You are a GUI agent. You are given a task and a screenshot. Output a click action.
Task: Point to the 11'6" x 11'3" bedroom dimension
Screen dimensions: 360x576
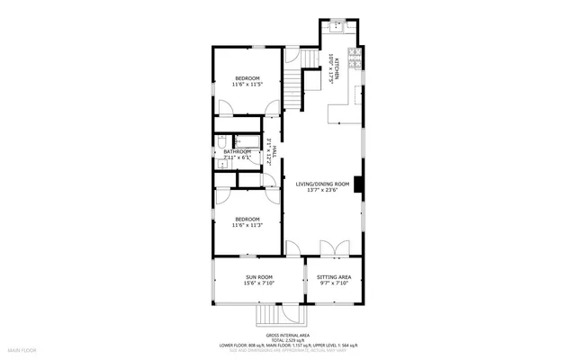pos(247,226)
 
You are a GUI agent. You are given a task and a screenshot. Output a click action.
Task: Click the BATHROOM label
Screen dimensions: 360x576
pos(238,151)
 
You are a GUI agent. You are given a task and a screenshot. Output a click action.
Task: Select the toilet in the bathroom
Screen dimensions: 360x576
pos(220,145)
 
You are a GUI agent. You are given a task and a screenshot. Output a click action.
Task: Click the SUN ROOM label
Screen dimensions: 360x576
pos(258,276)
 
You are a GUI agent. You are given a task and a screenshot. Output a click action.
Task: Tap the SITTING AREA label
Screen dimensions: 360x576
pos(334,276)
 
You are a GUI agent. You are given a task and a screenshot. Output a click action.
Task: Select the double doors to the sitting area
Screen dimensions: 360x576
pos(329,247)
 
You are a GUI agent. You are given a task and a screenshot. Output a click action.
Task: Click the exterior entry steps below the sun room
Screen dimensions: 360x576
pos(268,315)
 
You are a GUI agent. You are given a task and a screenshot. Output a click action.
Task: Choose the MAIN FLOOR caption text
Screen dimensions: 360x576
pos(22,348)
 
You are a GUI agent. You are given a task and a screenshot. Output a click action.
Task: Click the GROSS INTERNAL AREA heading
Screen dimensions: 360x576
pos(288,332)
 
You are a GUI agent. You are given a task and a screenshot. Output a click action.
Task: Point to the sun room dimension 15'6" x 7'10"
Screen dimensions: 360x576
pos(258,283)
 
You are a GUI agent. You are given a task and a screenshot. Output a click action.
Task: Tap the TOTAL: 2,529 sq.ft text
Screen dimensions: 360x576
pos(288,338)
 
